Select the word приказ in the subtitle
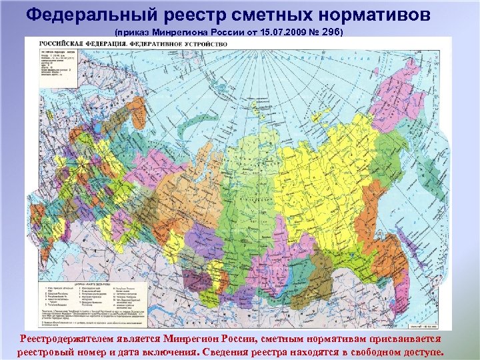click(x=132, y=31)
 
